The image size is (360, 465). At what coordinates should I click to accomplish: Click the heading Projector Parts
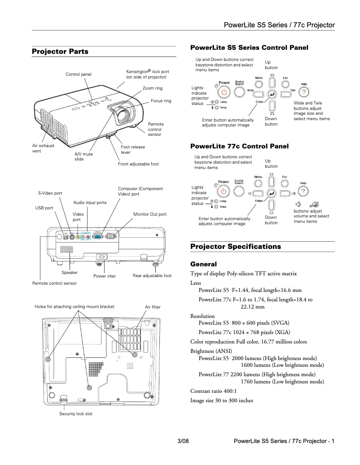tap(60, 52)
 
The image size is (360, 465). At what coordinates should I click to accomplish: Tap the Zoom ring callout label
tap(153, 88)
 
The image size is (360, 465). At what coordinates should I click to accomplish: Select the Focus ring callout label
tap(161, 101)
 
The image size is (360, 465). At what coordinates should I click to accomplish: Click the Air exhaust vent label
tap(43, 148)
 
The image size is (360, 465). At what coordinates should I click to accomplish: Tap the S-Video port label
tap(50, 193)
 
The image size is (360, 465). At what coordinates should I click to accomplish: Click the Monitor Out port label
tap(150, 214)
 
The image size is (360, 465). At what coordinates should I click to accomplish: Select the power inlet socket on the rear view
tap(101, 257)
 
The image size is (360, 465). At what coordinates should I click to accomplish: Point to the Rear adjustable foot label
tap(152, 276)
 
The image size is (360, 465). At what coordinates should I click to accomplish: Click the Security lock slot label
tap(76, 413)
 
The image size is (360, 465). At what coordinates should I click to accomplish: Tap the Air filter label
tap(153, 307)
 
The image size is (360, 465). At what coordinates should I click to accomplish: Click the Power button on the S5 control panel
tap(224, 92)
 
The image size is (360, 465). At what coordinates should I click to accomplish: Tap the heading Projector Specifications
tap(236, 247)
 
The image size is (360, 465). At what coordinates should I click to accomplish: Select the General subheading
tap(203, 264)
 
